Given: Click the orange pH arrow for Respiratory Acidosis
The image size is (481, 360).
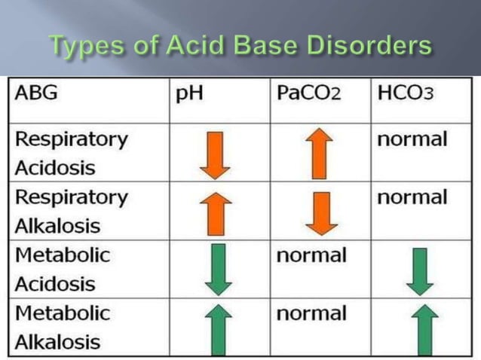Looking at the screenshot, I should [x=216, y=154].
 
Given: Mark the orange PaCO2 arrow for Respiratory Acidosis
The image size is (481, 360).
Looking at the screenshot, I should [x=320, y=154].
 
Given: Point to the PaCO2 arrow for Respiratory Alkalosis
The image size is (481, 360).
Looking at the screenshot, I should [x=320, y=213].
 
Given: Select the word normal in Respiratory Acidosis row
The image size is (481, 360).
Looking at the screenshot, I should [x=412, y=139].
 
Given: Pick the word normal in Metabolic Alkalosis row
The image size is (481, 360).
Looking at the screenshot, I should [x=311, y=313].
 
